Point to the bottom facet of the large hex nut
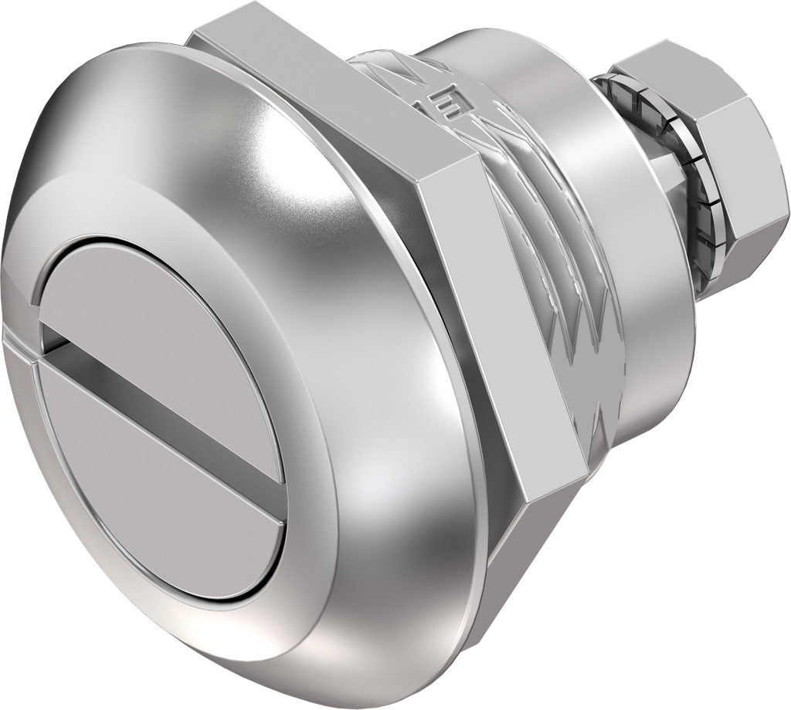tap(533, 540)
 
